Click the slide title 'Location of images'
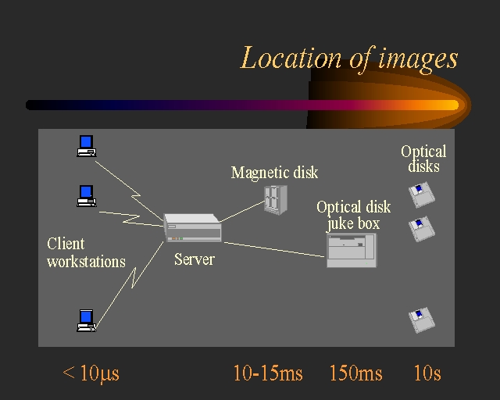(348, 59)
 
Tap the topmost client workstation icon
(86, 146)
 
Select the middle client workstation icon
(86, 195)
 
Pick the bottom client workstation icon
(86, 320)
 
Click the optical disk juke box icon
(351, 250)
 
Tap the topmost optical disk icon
(422, 195)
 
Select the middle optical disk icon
(422, 229)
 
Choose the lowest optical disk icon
(422, 320)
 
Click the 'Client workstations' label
(85, 252)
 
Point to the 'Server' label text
(194, 259)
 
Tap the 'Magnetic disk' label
(274, 173)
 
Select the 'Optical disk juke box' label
(353, 216)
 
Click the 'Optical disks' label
(423, 159)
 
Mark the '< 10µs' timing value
(91, 373)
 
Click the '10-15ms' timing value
(268, 373)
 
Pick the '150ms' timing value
(356, 373)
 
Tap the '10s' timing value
(427, 373)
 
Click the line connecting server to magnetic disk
(241, 211)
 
